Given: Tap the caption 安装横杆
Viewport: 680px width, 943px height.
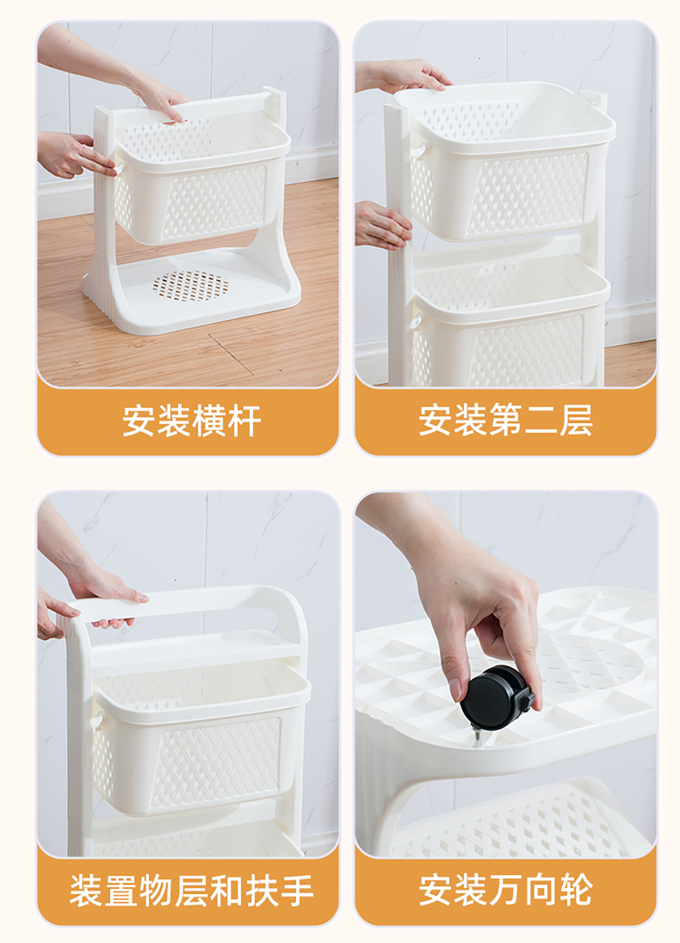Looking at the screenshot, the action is click(192, 420).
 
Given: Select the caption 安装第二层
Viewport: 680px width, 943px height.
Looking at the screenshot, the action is click(505, 420).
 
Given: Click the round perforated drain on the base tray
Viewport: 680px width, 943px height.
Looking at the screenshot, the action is click(190, 286).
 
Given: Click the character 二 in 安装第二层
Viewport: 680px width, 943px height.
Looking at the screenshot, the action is click(541, 420).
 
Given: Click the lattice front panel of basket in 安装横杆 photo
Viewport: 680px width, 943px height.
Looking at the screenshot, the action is click(215, 202).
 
